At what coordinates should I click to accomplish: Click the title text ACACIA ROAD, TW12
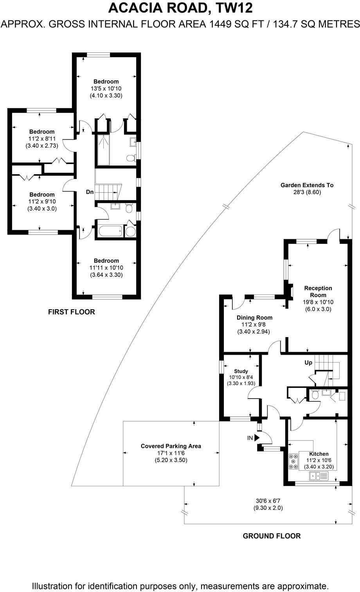180,8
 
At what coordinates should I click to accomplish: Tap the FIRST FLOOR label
71,312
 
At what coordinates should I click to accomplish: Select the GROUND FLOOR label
272,536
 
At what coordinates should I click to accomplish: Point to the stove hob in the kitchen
293,462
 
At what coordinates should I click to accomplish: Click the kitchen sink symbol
319,476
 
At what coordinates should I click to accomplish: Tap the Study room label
241,371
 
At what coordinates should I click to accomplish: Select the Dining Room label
254,318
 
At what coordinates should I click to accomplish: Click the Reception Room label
318,292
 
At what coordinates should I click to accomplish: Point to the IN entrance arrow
257,438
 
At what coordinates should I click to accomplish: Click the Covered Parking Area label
171,446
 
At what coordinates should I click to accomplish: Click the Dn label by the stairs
90,192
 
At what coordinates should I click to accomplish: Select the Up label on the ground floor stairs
308,363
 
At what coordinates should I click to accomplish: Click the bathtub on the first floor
110,231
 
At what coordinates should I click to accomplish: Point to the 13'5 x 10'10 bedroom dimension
106,89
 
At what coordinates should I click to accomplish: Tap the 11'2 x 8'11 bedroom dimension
41,139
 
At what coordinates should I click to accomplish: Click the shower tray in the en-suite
104,150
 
